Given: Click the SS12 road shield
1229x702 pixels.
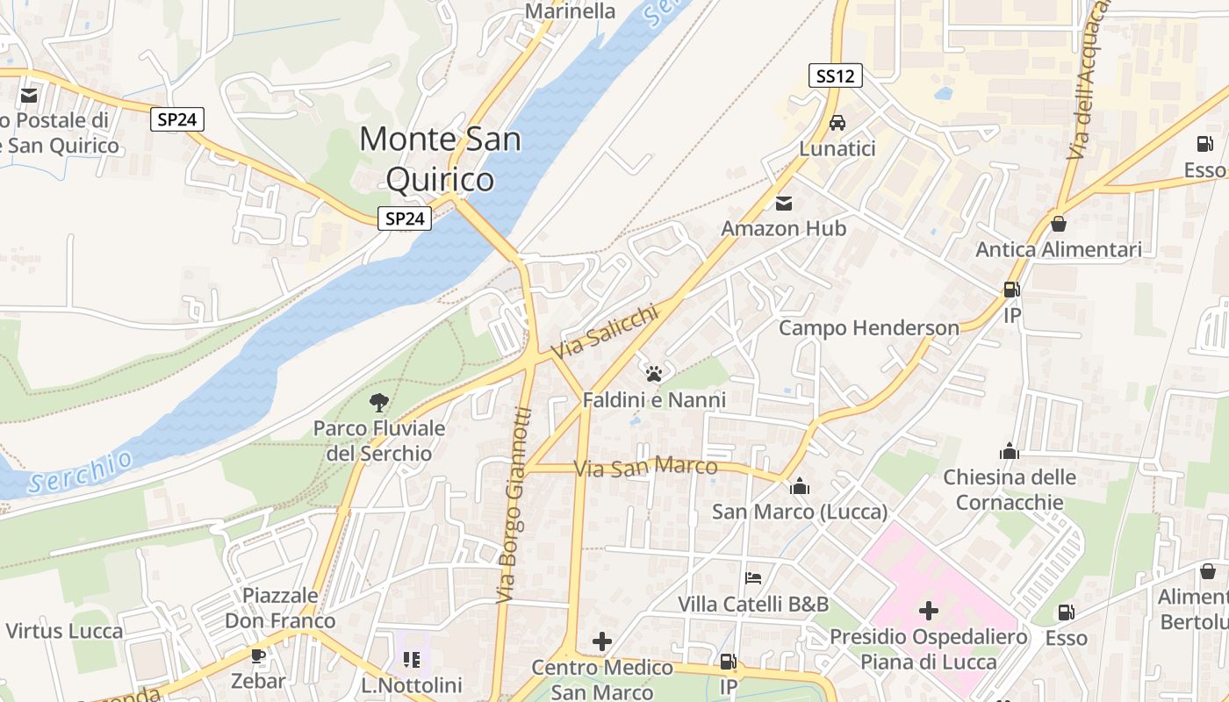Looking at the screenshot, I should click(x=835, y=76).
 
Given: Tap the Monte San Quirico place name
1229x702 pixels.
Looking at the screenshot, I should click(x=440, y=159).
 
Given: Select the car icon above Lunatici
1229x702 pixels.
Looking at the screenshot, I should click(x=837, y=123).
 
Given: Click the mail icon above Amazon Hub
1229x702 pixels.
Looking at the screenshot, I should click(x=784, y=204).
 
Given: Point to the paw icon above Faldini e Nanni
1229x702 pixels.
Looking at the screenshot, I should click(x=653, y=375).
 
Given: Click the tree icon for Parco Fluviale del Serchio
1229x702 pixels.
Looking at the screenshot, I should click(x=379, y=403).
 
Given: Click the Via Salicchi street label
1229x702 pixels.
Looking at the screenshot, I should click(x=604, y=332).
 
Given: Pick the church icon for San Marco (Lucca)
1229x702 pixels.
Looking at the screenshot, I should click(x=799, y=486).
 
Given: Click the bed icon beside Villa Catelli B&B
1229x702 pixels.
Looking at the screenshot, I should click(x=752, y=578).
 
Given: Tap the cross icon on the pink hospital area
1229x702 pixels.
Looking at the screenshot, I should click(x=928, y=611).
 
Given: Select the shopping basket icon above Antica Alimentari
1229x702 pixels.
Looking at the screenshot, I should click(x=1059, y=224).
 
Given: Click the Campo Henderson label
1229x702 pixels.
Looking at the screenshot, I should click(x=869, y=328).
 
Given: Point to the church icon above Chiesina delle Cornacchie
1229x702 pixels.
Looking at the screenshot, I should click(x=1010, y=452).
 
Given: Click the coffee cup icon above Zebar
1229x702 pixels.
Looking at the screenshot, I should click(x=258, y=655).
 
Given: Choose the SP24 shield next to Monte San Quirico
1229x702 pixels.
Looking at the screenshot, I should click(x=405, y=218).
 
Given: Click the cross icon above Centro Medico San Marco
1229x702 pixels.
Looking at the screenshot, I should click(x=601, y=642).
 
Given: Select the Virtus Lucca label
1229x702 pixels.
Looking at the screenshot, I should click(x=64, y=631).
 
